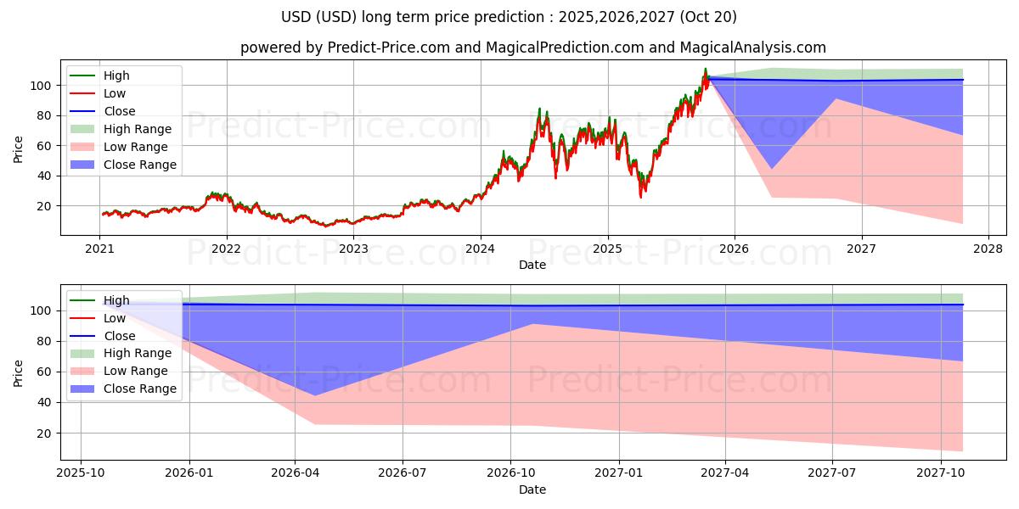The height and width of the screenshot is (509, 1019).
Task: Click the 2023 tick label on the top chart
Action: tap(353, 249)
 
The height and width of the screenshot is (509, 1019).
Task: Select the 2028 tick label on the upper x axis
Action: tap(988, 249)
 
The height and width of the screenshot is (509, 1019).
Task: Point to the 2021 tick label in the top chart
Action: tap(100, 249)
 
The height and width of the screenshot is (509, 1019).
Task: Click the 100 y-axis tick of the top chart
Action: tap(43, 86)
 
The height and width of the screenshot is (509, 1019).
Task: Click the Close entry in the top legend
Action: tap(119, 111)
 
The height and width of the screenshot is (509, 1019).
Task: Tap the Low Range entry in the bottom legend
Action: tap(136, 371)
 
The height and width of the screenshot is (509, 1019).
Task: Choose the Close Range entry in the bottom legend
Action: tap(139, 389)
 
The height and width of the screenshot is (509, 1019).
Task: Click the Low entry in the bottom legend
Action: tap(115, 318)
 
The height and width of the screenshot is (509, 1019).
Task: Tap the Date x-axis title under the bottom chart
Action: tap(532, 489)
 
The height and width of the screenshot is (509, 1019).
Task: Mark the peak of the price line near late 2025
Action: tap(705, 69)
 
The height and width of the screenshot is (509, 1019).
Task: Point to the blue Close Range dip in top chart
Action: tap(772, 168)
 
